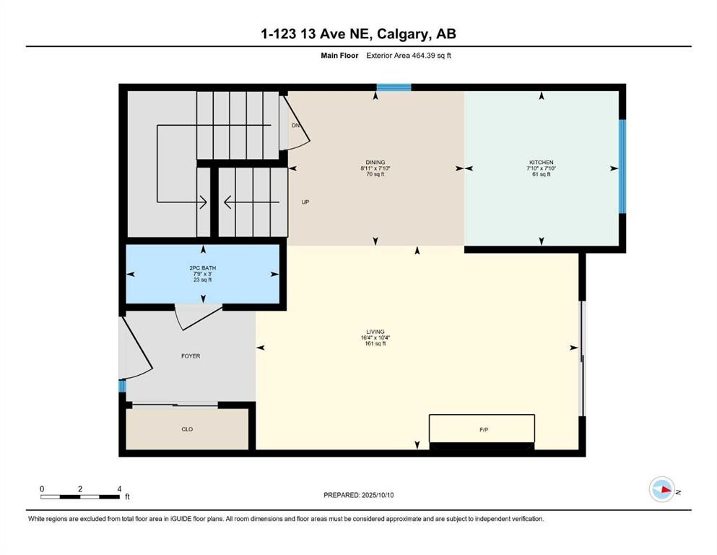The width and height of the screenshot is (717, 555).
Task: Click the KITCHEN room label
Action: point(540,163)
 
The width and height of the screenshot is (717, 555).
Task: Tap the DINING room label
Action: point(374,163)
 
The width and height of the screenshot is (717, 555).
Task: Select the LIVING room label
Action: point(375,332)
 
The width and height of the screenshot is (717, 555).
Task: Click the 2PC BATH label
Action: point(202,268)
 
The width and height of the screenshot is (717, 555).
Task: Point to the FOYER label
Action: point(191,356)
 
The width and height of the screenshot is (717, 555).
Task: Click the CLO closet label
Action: point(187,429)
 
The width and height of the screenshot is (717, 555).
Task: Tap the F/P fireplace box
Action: point(482,429)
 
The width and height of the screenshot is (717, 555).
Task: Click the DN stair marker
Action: point(295,126)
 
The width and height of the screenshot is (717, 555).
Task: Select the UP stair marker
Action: point(305,202)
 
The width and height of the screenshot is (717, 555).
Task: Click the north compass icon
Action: point(661,490)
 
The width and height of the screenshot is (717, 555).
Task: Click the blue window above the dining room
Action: point(394,87)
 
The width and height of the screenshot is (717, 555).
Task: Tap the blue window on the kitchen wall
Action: point(622,166)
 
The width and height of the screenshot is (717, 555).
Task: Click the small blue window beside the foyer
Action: point(122,386)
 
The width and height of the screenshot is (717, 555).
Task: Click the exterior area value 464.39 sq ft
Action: point(430,56)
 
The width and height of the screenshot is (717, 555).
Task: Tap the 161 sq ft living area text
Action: point(375,344)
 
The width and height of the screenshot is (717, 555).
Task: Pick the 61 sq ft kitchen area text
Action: point(540,174)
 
